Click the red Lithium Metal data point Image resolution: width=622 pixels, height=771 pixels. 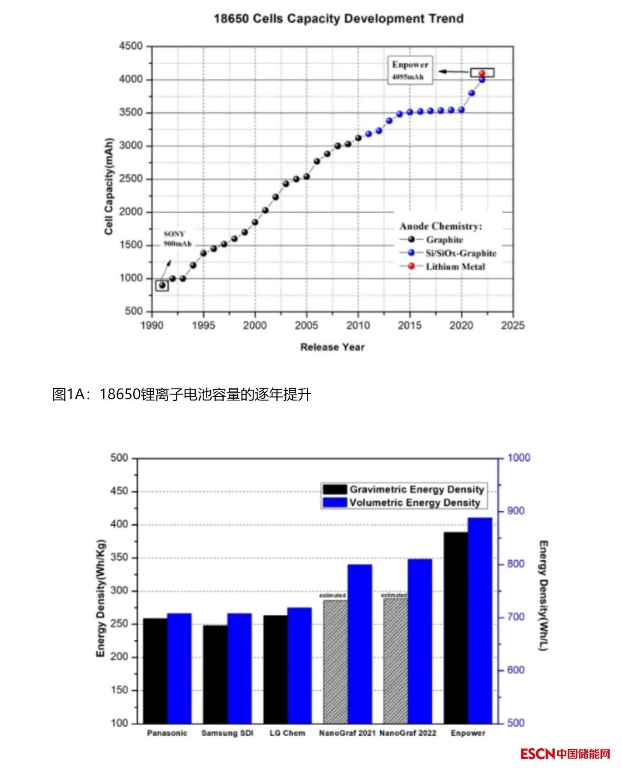(x=482, y=73)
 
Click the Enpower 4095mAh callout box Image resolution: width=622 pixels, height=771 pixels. (x=410, y=70)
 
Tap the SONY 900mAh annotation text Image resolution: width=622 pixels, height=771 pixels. (x=177, y=239)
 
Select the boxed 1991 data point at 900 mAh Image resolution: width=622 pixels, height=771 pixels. (x=162, y=285)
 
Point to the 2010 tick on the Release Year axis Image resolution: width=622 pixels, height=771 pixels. (x=358, y=326)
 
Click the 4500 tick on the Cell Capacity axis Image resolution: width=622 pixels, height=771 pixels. (x=131, y=46)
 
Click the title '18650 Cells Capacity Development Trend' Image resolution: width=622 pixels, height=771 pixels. (x=338, y=19)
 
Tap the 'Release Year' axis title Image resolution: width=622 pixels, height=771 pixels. (x=332, y=347)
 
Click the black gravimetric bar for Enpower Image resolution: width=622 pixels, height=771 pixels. (x=455, y=628)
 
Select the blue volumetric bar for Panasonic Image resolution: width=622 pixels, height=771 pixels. (x=179, y=668)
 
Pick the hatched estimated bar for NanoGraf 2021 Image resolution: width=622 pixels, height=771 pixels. (x=335, y=662)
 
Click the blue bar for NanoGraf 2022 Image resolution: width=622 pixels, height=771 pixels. (x=420, y=641)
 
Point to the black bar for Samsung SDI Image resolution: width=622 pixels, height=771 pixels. (x=215, y=674)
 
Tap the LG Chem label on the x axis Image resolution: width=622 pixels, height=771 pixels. (x=287, y=733)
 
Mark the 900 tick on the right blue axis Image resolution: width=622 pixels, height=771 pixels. (x=516, y=511)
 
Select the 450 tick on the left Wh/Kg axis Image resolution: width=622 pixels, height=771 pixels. (x=119, y=491)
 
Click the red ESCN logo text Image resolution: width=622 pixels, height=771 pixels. (x=538, y=754)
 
